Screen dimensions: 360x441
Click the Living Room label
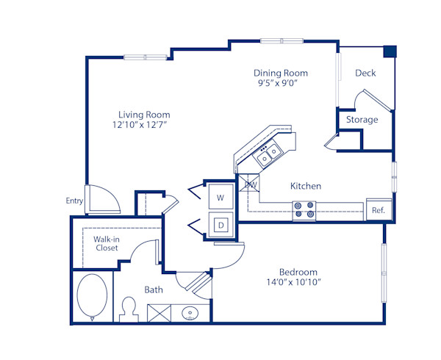click(x=144, y=115)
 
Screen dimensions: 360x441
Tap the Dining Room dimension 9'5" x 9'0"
click(x=280, y=84)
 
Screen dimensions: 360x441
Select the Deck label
click(x=365, y=73)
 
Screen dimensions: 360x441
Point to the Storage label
click(x=362, y=120)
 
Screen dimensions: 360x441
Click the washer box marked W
click(x=220, y=197)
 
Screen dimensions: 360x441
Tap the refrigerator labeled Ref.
click(x=379, y=210)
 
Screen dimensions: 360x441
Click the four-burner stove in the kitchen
click(x=304, y=211)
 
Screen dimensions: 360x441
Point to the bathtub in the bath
click(x=92, y=297)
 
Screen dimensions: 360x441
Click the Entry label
click(x=74, y=201)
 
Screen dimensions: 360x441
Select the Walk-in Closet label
click(x=107, y=243)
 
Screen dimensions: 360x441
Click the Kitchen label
click(x=305, y=186)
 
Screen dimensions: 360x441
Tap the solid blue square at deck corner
click(x=390, y=51)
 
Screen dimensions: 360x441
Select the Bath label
click(x=154, y=289)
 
